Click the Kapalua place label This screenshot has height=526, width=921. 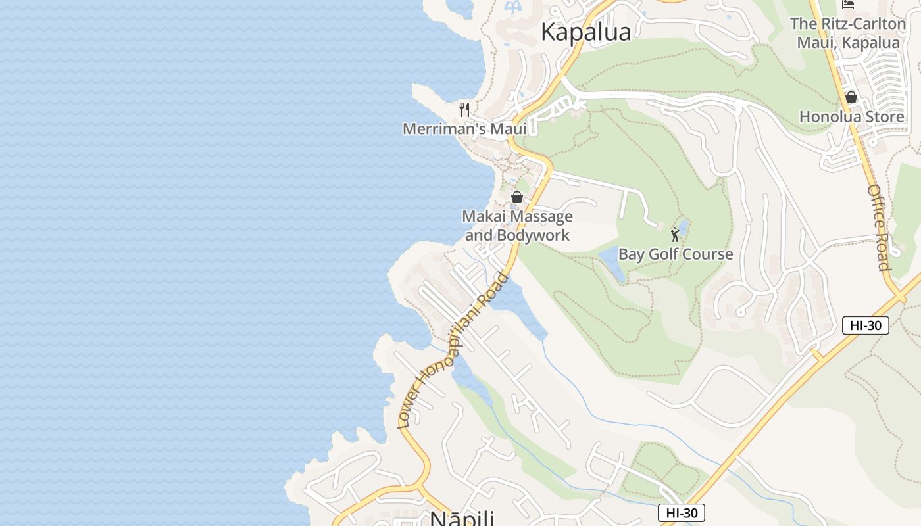[585, 32]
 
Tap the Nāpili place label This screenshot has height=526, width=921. [462, 517]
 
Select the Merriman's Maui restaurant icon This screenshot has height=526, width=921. [465, 109]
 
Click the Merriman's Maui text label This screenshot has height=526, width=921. [464, 129]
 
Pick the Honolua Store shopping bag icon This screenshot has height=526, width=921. [851, 97]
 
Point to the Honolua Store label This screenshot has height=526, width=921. [851, 117]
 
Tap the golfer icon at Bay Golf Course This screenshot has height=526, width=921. [675, 234]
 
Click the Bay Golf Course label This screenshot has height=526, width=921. [676, 254]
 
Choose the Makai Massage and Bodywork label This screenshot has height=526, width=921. [517, 226]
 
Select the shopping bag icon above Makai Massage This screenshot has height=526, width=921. [517, 197]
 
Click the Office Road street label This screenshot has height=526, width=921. [879, 227]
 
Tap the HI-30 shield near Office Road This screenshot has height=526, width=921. [865, 325]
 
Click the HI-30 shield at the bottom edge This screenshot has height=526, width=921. [681, 513]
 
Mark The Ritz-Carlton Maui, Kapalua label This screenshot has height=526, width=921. [848, 33]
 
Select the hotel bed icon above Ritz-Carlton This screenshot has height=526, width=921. [848, 5]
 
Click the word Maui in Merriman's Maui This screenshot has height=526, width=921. [507, 129]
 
